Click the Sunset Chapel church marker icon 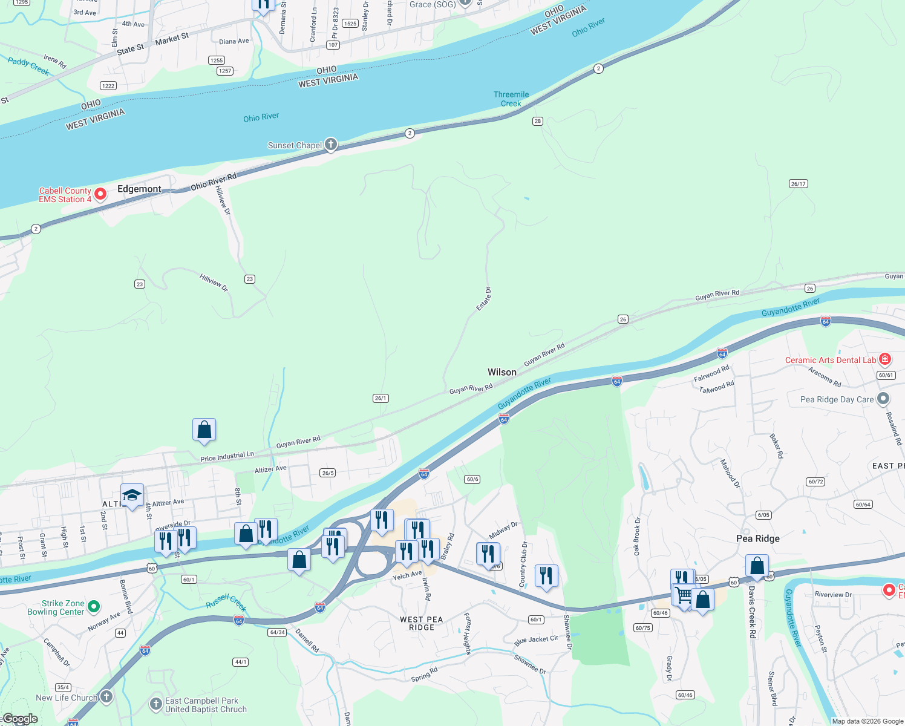point(330,145)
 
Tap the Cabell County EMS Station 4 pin point(100,194)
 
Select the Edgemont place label point(139,189)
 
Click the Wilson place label point(502,372)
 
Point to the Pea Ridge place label point(757,538)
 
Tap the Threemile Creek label point(511,99)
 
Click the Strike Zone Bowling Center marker point(94,606)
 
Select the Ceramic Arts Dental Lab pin point(885,359)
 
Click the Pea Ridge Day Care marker point(883,399)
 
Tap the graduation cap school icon point(132,495)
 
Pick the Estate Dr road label point(484,299)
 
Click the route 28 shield point(538,121)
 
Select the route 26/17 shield point(798,183)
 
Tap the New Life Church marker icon point(106,697)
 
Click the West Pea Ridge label point(422,623)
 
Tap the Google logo point(20,719)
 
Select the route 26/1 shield point(381,398)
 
